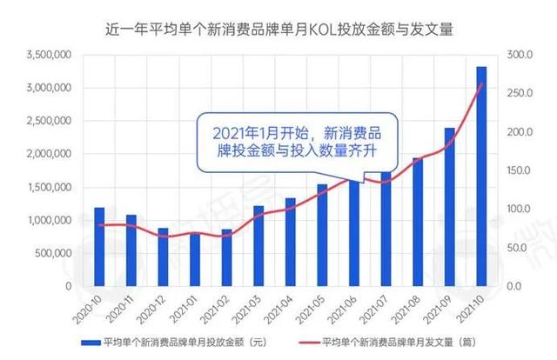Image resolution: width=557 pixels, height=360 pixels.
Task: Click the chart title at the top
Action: [x=278, y=30]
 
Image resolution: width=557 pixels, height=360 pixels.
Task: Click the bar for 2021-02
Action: [x=226, y=257]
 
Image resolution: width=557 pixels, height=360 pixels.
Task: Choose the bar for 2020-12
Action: [x=163, y=257]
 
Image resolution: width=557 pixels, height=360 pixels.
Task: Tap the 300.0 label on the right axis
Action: [x=518, y=55]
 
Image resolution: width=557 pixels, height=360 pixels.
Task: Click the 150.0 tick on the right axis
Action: [x=518, y=170]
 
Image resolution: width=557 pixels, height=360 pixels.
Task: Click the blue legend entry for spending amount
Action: [x=157, y=343]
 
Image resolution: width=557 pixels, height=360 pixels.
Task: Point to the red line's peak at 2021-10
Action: [x=481, y=83]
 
